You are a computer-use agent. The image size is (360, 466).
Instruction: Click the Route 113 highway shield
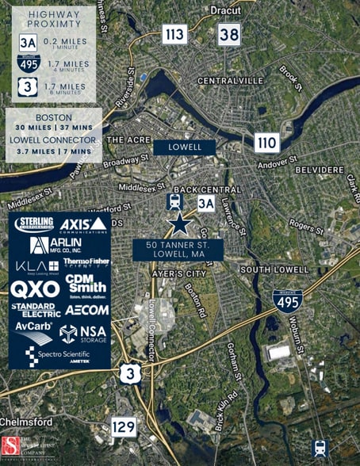174,34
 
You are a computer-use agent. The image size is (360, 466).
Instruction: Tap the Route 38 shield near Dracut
229,33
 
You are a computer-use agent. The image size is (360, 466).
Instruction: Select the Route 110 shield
266,143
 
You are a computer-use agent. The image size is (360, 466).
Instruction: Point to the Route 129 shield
123,428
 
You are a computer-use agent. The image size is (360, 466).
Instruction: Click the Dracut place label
226,10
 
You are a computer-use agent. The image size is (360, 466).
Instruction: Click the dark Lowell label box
184,147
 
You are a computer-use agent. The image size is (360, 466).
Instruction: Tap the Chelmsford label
27,421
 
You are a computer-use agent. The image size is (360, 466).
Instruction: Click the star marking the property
179,223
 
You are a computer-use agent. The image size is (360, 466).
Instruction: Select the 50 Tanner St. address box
178,250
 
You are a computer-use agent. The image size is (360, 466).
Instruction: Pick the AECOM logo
86,310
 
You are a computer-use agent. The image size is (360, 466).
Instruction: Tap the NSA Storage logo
83,333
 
